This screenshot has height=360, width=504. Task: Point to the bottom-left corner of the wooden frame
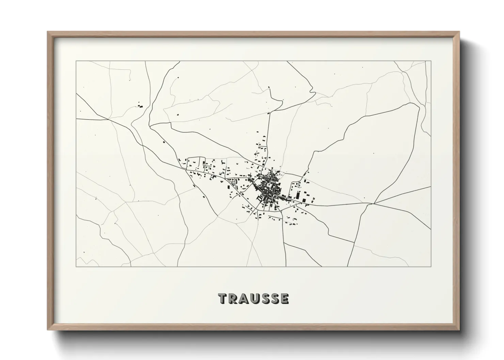[x=48, y=330]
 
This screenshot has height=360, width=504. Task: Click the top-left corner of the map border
[x=76, y=61]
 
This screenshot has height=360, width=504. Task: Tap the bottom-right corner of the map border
[x=431, y=266]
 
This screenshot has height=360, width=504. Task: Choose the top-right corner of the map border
[x=431, y=61]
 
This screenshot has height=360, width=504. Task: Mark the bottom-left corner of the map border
[x=76, y=266]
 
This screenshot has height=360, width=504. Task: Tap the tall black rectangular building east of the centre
[x=297, y=196]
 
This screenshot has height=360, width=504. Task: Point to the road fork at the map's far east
[x=374, y=203]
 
